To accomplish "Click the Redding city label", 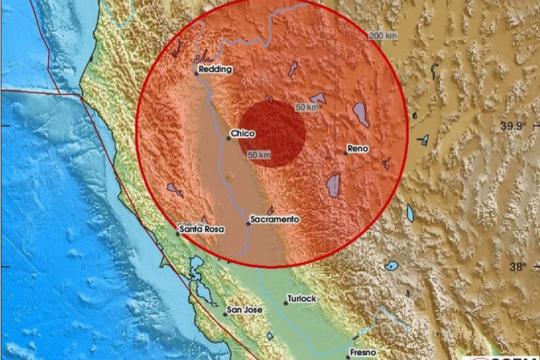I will [x=215, y=69].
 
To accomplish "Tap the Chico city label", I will [x=243, y=134].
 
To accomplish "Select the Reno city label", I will [x=358, y=148].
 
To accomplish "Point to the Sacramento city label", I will [x=274, y=219].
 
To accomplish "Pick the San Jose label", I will [x=244, y=310].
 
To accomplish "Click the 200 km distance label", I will [x=382, y=36].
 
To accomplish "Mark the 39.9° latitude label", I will [x=513, y=126].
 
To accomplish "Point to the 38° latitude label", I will [x=517, y=267].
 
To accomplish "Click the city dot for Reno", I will [x=346, y=153].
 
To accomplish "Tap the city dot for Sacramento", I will [x=248, y=223].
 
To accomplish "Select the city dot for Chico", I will [x=229, y=138].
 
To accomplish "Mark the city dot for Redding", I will [x=196, y=73].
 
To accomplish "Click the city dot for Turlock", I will [x=286, y=303].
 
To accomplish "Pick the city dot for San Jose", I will [x=225, y=314].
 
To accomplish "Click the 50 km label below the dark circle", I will [x=259, y=155].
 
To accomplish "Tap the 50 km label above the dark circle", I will [x=307, y=107].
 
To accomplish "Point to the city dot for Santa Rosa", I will [x=178, y=234].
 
